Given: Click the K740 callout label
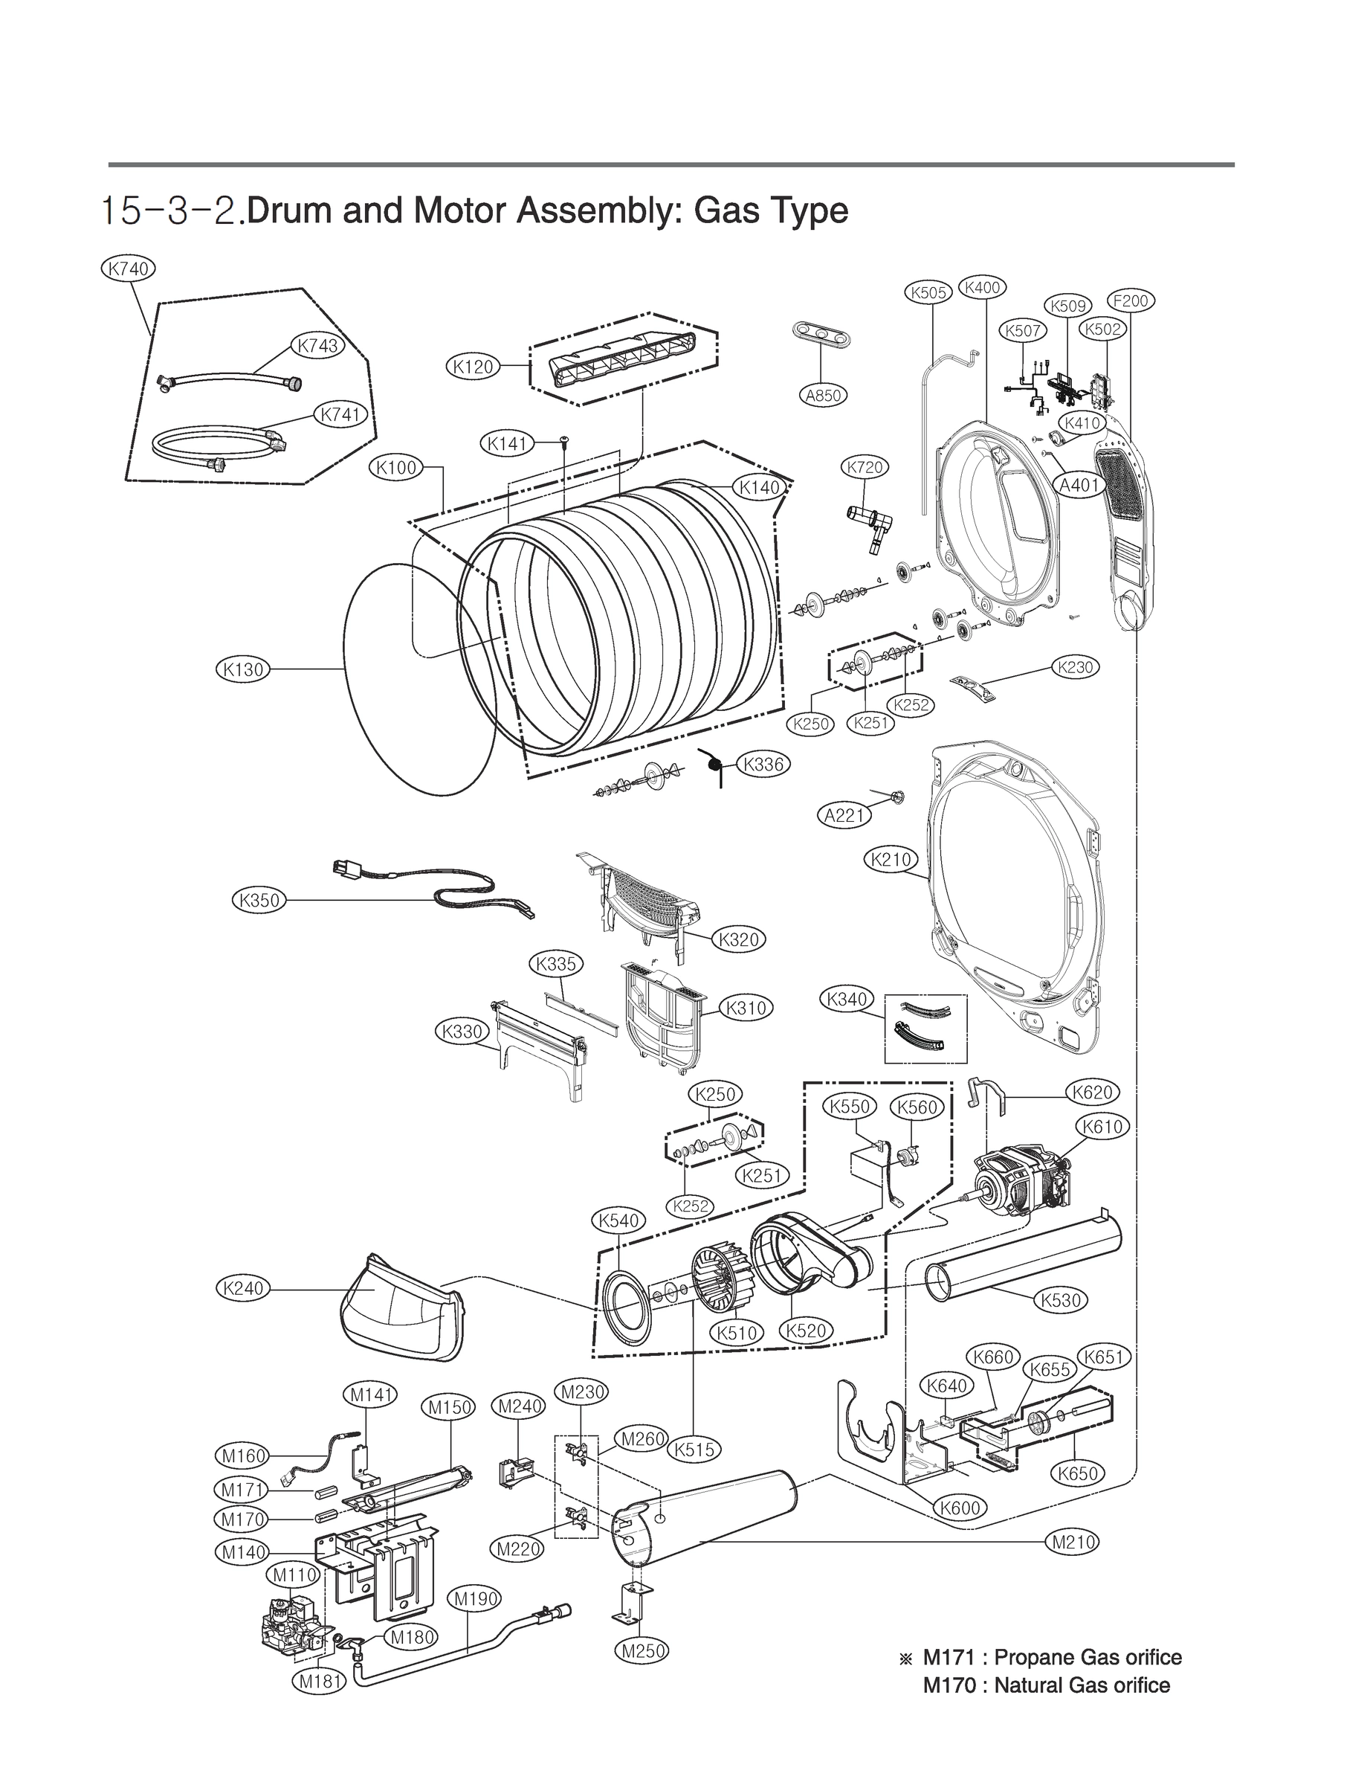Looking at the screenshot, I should pos(128,268).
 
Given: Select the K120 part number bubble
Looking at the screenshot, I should pos(474,367).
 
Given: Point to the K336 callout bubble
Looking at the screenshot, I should pos(763,765).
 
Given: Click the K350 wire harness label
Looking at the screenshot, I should pos(259,901).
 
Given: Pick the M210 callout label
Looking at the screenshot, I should pos(1073,1542).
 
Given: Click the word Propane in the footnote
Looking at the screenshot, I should pos(1034,1658).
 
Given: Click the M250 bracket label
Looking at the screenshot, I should pos(641,1651).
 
